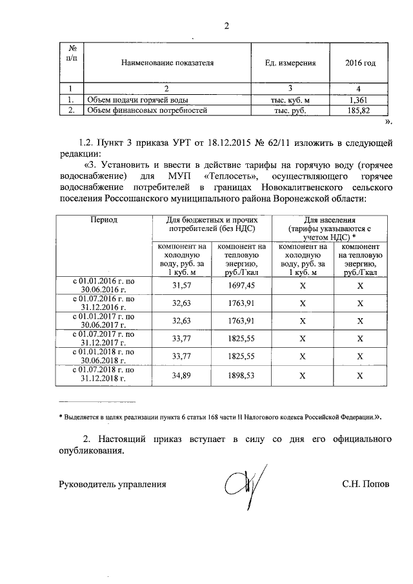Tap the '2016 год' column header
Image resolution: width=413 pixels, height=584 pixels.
[361, 63]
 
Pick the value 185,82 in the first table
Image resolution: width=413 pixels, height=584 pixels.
[358, 110]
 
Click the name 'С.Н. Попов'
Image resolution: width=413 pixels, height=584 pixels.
[366, 483]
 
